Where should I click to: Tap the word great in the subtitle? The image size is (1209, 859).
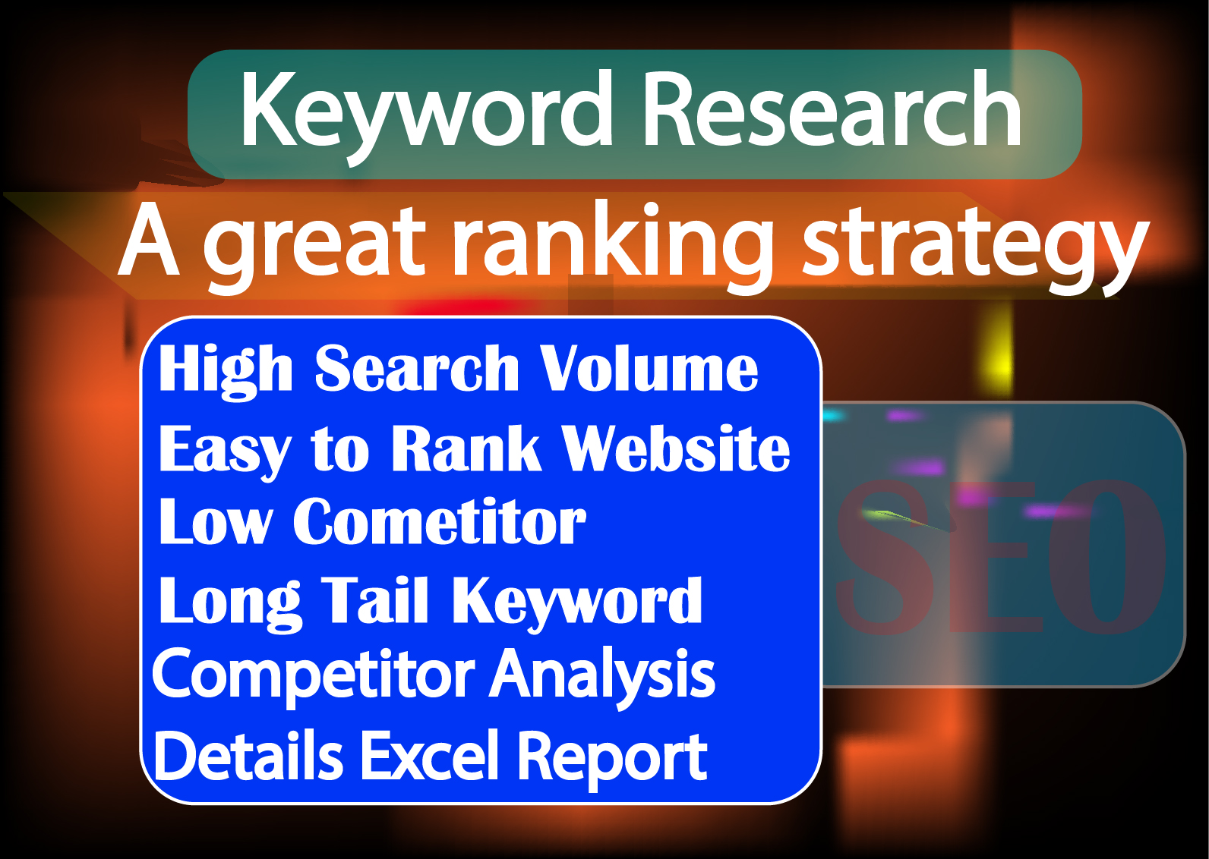(314, 247)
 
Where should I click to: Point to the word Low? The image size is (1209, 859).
(215, 521)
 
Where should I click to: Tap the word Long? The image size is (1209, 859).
(230, 603)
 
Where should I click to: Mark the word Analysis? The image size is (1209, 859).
(601, 678)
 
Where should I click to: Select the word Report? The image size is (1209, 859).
(612, 760)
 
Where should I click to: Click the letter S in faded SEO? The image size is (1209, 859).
(885, 557)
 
